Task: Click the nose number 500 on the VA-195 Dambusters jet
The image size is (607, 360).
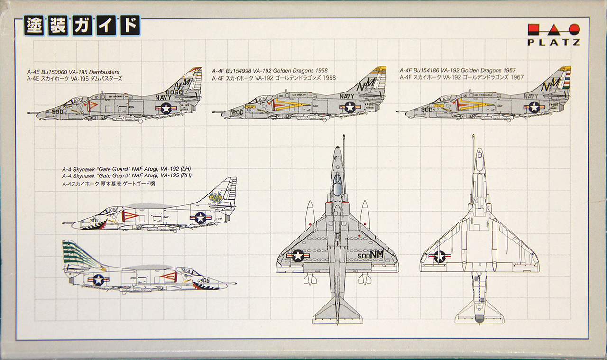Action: point(57,112)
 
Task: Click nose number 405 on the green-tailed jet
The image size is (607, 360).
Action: point(204,280)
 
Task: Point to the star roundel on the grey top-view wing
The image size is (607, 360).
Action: point(297,256)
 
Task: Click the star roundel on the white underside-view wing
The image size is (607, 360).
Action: point(440,257)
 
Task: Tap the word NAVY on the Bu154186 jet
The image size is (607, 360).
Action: point(532,96)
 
